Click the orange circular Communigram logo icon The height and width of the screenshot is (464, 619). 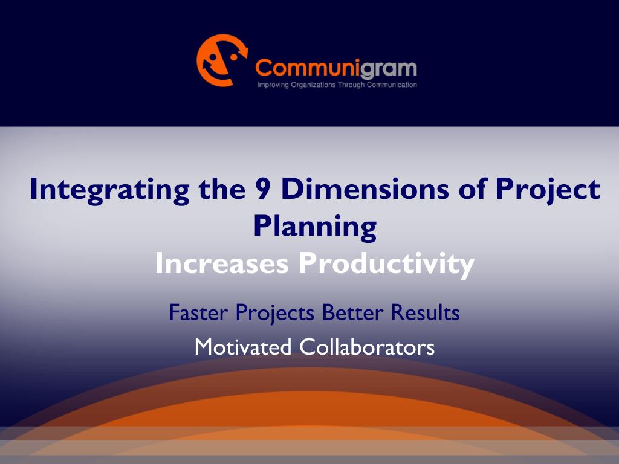point(222,60)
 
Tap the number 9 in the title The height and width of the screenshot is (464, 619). point(264,188)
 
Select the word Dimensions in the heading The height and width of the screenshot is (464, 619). point(365,188)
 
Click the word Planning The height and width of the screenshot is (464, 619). point(315,228)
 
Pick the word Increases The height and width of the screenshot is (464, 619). point(221,263)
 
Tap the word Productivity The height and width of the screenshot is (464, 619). point(386,265)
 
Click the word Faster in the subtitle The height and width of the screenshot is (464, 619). point(198,312)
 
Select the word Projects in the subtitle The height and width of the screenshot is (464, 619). point(275,314)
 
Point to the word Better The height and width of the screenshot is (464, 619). point(352,312)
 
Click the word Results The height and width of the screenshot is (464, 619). point(425,312)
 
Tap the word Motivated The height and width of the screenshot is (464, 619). point(243,347)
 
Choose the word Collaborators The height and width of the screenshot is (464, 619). point(367,347)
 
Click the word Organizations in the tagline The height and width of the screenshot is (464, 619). point(314,85)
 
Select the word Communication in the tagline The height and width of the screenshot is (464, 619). point(392,85)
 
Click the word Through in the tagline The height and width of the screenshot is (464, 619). point(351,85)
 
